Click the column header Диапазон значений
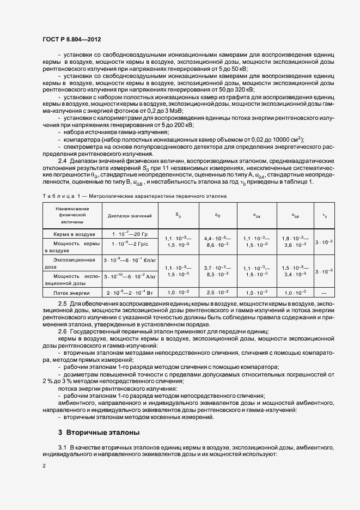tap(130, 216)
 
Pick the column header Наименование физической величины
tap(72, 216)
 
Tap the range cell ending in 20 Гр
tap(130, 233)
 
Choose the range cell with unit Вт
tap(130, 293)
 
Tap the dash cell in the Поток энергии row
tap(325, 293)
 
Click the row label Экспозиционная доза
tap(72, 264)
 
